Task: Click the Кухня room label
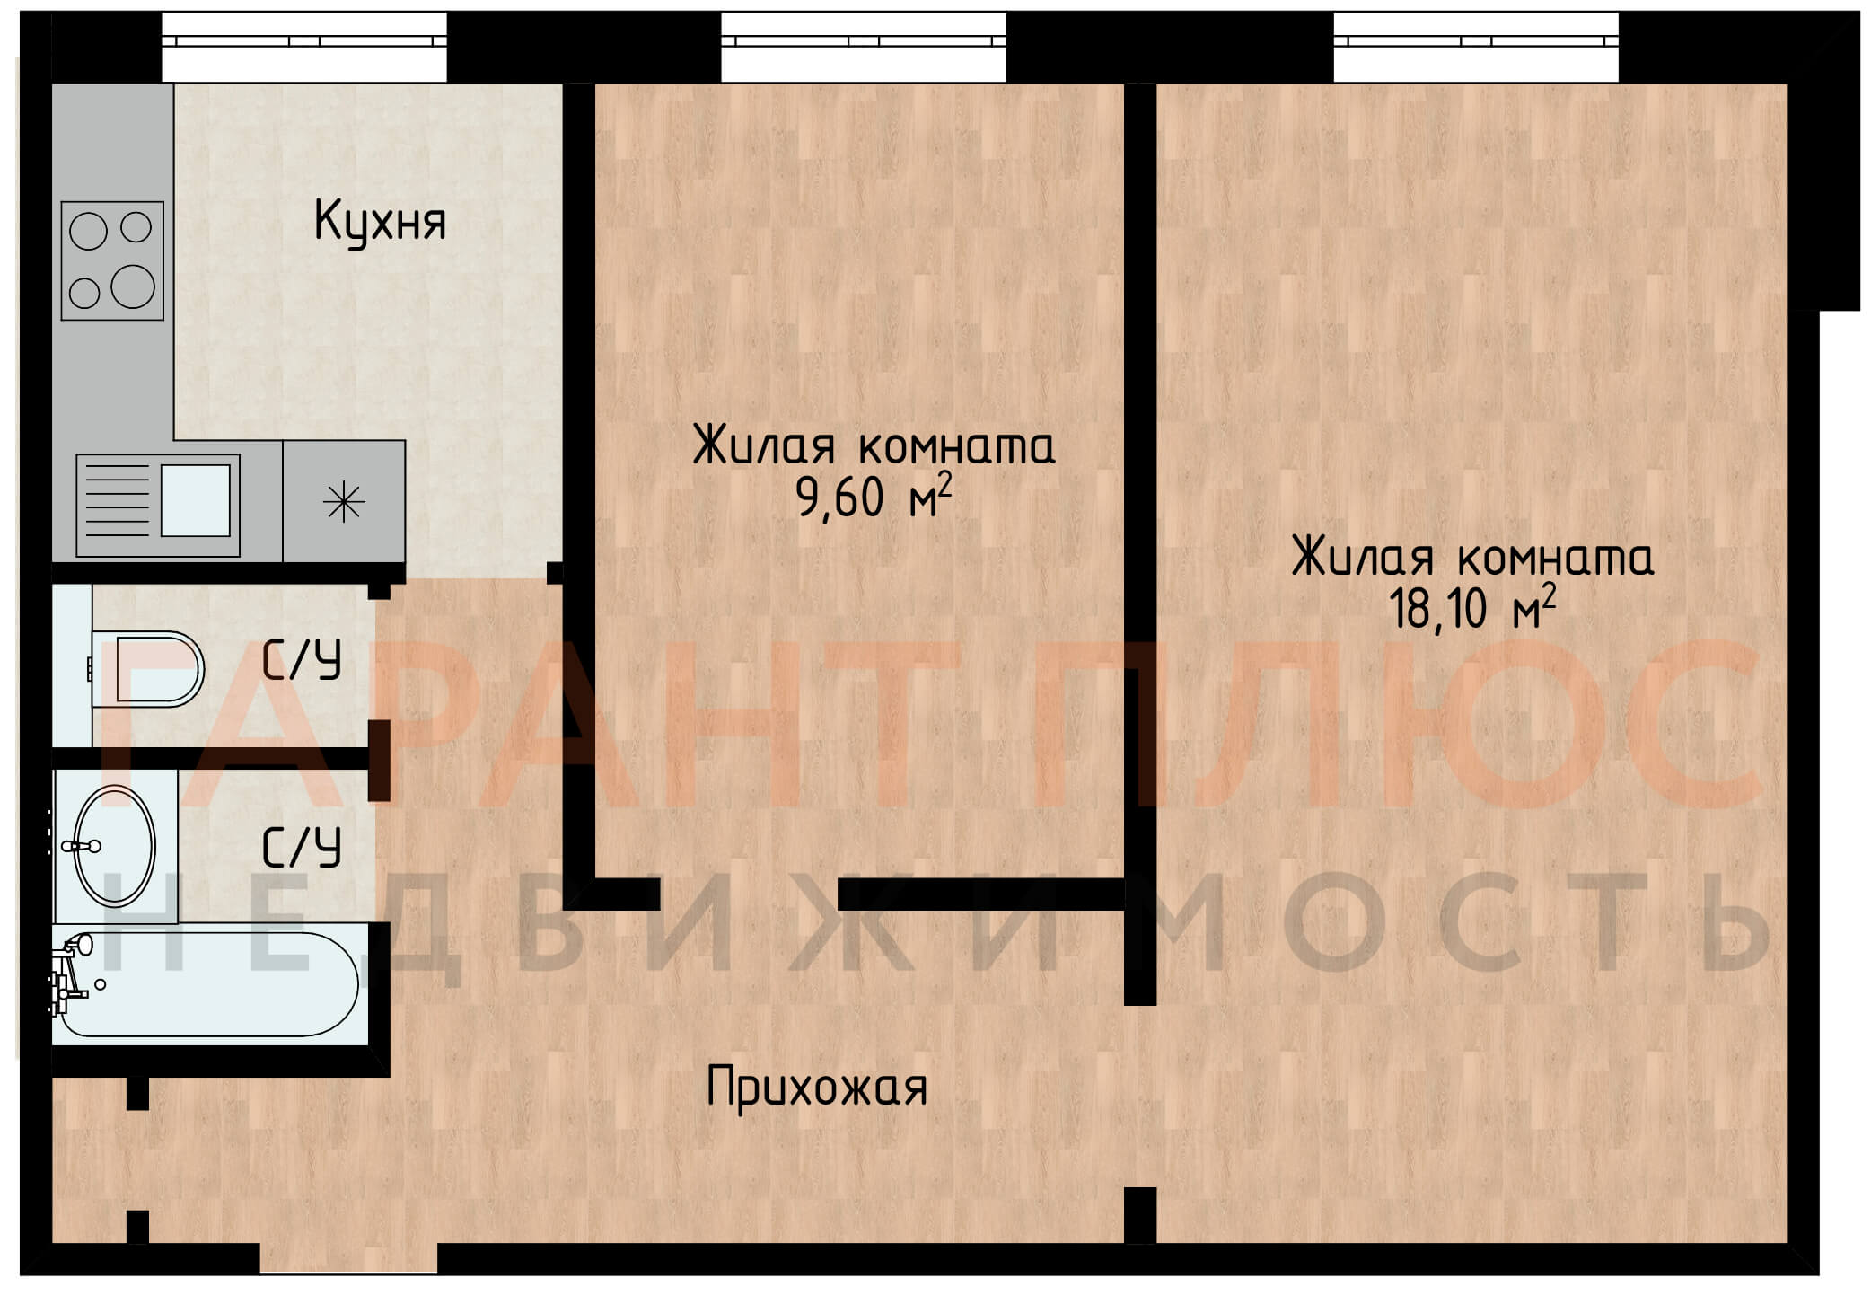pos(380,221)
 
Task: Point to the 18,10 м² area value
pos(1471,607)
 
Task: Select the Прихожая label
pos(816,1088)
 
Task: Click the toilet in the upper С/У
pos(148,669)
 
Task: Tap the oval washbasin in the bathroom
pos(114,846)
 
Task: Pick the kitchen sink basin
pos(196,500)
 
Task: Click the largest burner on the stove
pos(133,286)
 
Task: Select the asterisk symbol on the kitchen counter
pos(344,502)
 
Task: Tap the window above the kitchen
pos(304,47)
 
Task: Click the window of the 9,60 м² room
pos(864,47)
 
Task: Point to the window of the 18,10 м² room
pos(1476,47)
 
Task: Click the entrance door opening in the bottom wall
pos(349,1258)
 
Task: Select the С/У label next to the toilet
pos(302,661)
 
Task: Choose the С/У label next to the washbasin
pos(302,847)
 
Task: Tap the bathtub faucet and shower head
pos(72,974)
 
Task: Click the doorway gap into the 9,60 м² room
pos(750,894)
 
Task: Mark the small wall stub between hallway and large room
pos(1140,1214)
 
